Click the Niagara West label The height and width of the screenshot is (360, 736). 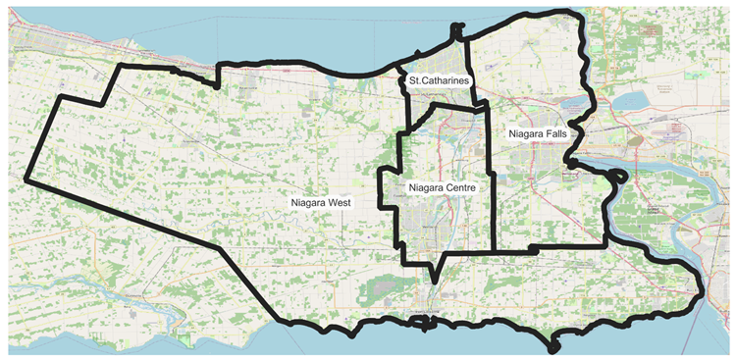(321, 202)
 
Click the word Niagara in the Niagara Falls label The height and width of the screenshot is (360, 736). (526, 132)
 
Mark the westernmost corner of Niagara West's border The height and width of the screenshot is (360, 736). (25, 181)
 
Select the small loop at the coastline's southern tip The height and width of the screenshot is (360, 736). (552, 346)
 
